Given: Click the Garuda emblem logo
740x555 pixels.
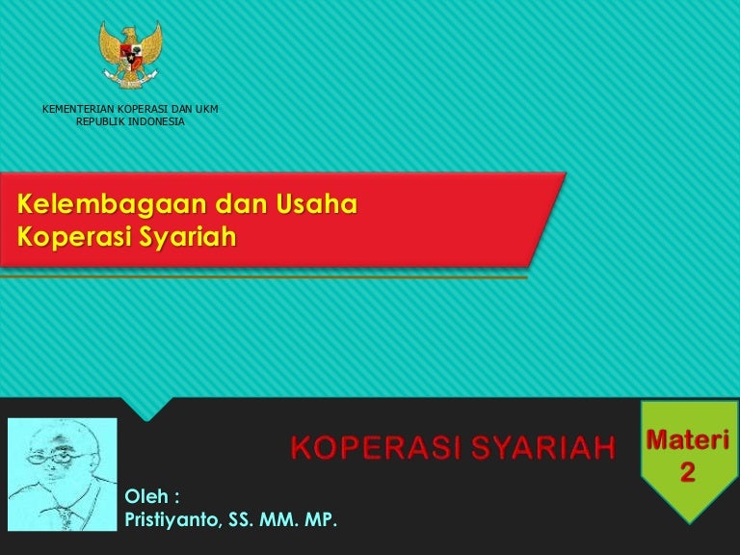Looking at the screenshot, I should tap(131, 53).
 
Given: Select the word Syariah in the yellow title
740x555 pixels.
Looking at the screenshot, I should tap(188, 236).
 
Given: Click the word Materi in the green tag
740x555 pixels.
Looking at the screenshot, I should tap(687, 441).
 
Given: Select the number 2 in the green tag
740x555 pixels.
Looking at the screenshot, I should tap(687, 472).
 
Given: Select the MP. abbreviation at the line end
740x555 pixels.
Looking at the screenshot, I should tap(321, 521).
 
